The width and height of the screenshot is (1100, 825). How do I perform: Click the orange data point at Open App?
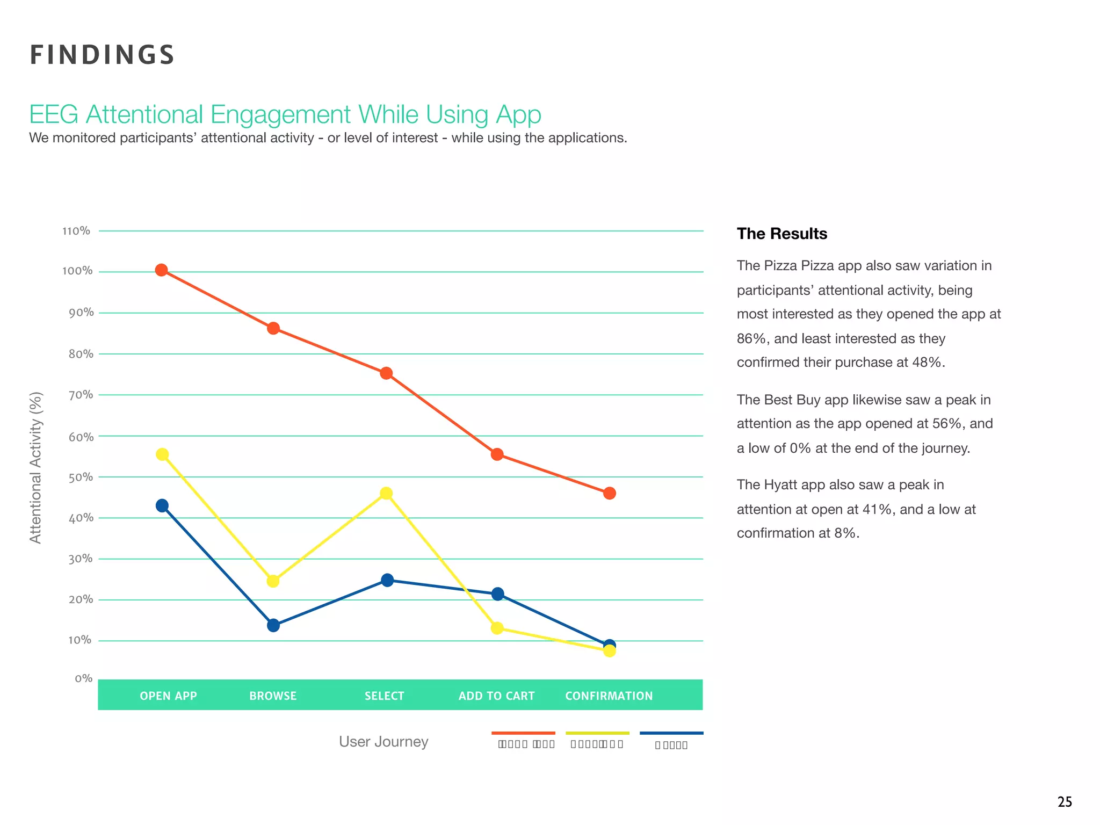(x=161, y=270)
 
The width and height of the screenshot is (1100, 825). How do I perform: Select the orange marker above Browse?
(x=273, y=328)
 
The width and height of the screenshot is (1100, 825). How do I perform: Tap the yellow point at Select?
(x=386, y=493)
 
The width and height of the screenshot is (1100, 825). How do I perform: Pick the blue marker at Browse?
(x=273, y=625)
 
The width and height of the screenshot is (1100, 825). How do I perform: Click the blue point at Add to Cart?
(x=498, y=594)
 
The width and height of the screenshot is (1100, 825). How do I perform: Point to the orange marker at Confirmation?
(x=609, y=493)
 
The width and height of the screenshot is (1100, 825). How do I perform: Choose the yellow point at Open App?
(x=162, y=454)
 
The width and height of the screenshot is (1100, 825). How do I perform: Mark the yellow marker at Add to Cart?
(x=497, y=628)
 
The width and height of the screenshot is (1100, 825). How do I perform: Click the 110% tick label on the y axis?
(x=76, y=231)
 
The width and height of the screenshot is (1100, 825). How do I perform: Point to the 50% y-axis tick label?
(x=81, y=477)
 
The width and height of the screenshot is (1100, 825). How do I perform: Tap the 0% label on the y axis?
(x=84, y=678)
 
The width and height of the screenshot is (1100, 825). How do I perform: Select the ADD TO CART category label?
(x=496, y=696)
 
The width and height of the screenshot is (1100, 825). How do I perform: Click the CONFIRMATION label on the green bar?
(x=609, y=696)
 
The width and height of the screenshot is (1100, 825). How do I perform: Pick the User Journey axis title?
(x=383, y=742)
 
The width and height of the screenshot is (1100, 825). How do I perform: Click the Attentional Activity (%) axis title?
(x=35, y=467)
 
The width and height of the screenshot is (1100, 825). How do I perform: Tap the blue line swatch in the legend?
(x=671, y=733)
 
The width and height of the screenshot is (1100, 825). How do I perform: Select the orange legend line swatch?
(x=523, y=733)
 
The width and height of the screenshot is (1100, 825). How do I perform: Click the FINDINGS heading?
(x=102, y=55)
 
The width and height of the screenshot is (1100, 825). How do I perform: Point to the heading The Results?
(x=781, y=234)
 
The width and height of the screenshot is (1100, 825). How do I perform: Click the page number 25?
(x=1065, y=802)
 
